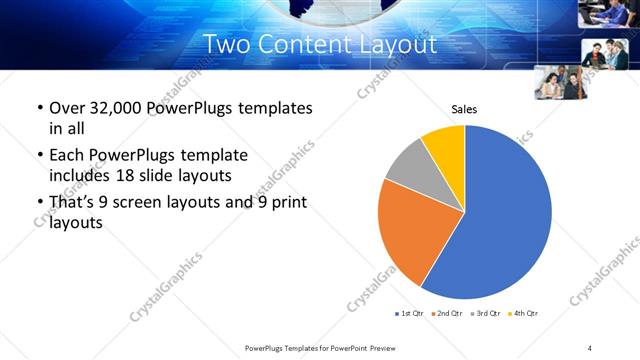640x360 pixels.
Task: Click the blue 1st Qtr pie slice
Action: (x=505, y=220)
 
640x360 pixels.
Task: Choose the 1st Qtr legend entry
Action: (x=411, y=314)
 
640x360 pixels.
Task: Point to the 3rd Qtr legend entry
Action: (x=487, y=314)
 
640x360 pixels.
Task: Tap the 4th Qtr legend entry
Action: (x=525, y=314)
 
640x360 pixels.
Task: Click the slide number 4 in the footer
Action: (x=590, y=348)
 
